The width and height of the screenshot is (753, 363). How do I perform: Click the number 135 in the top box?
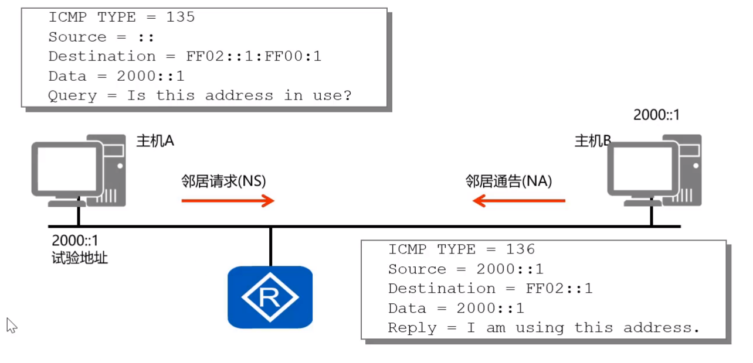(x=180, y=17)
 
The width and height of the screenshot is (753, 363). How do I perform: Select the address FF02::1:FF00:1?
(x=253, y=56)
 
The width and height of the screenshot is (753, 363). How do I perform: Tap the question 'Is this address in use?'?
(x=239, y=95)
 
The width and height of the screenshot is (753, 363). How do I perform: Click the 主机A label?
(x=155, y=141)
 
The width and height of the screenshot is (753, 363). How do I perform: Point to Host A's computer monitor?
(x=67, y=170)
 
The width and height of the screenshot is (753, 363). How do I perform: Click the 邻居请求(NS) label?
(x=223, y=181)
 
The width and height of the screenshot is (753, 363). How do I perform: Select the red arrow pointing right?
(x=228, y=201)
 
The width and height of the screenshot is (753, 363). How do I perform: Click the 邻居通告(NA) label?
(x=508, y=181)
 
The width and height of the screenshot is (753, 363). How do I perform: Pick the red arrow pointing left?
(x=519, y=201)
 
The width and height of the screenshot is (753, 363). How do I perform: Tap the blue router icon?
(x=270, y=297)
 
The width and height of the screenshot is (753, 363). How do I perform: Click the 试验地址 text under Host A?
(x=80, y=258)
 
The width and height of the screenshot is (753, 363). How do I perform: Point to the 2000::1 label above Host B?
(x=656, y=115)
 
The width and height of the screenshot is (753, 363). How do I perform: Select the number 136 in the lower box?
(x=520, y=249)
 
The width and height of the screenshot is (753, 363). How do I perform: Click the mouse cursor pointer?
(x=11, y=325)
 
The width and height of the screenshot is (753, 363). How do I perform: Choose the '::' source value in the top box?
(x=146, y=37)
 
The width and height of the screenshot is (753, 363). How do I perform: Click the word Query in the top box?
(x=72, y=95)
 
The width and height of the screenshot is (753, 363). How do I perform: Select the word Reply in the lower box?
(x=412, y=328)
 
